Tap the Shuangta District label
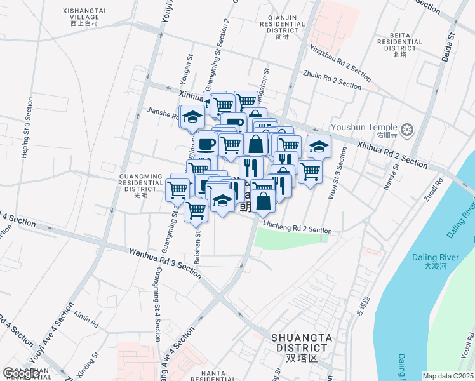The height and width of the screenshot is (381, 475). [299, 343]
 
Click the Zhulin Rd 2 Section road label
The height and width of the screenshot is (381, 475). [332, 79]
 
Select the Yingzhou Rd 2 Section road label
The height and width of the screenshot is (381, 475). [340, 62]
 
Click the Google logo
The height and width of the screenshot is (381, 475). [22, 373]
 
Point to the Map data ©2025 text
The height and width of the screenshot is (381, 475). [448, 376]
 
